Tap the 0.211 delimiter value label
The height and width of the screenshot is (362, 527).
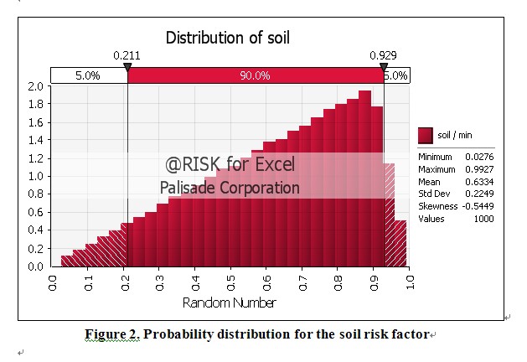(x=127, y=55)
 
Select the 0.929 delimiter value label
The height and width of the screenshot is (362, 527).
(x=383, y=55)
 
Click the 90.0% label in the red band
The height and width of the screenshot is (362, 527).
(x=255, y=75)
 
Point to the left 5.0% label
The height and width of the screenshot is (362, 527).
(x=87, y=75)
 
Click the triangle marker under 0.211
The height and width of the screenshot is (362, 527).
(x=127, y=66)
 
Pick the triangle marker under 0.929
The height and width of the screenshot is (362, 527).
(x=384, y=66)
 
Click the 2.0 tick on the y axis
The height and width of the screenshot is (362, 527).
(x=36, y=86)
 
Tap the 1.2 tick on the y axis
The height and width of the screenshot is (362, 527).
(x=36, y=158)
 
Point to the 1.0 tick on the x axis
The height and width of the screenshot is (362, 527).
(x=410, y=282)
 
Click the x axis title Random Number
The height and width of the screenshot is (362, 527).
(x=230, y=303)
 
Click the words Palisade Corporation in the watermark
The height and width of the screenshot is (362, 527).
(x=230, y=188)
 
